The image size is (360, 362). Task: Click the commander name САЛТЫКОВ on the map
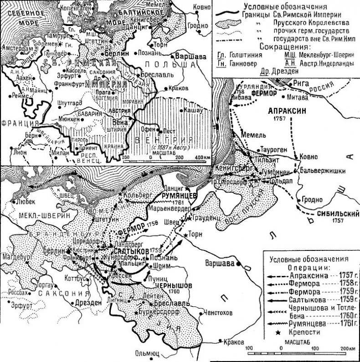pyautogui.click(x=129, y=251)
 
